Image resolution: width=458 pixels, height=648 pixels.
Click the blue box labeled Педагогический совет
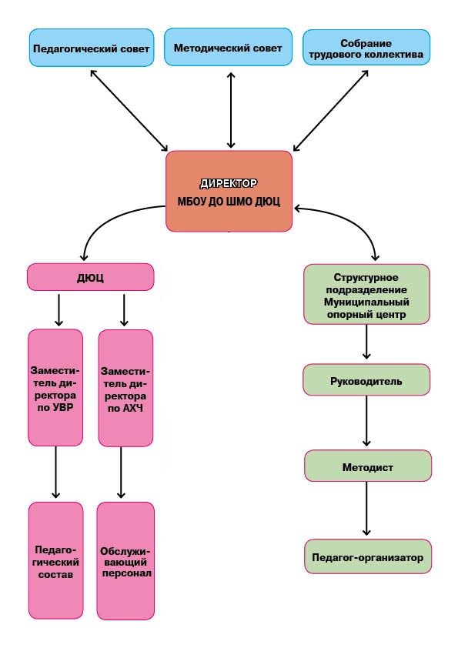coord(92,48)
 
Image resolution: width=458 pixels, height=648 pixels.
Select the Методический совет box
coord(228,47)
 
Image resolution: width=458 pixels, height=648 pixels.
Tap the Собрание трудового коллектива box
coord(366,48)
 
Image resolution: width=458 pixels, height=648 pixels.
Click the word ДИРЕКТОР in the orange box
coord(229,183)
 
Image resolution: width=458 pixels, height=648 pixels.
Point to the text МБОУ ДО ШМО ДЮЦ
coord(229,202)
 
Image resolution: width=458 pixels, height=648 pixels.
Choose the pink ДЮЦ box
coord(91,277)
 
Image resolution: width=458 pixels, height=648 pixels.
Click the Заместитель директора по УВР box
coord(55,388)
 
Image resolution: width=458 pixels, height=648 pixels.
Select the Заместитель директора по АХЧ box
coord(125,388)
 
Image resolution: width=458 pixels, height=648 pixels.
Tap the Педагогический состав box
coord(55,560)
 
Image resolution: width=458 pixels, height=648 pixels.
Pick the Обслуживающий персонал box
coord(125,561)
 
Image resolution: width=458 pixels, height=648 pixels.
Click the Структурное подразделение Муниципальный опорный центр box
coord(366,294)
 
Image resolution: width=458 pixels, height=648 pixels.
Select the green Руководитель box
coord(366,379)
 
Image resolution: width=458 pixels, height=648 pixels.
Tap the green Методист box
coord(368,466)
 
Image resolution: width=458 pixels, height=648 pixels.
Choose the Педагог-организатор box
coord(368,556)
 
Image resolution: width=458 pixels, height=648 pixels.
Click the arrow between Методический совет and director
coord(231,110)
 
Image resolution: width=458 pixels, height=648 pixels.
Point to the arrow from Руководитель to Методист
coord(366,421)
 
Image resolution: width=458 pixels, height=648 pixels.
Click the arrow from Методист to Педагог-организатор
coord(366,509)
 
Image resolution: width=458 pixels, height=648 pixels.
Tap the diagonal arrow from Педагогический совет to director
coord(129,110)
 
